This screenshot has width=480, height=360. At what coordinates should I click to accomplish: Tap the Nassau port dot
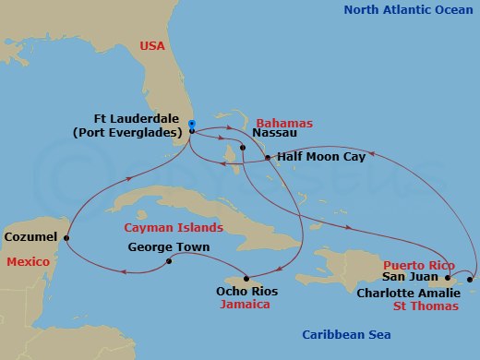point(242,148)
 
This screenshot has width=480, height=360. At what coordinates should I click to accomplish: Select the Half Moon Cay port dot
point(268,158)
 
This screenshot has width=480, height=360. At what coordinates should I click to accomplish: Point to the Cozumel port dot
point(66,237)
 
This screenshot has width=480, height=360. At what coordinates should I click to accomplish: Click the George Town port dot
point(169,261)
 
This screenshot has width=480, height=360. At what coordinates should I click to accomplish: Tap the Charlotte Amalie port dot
point(472,280)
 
